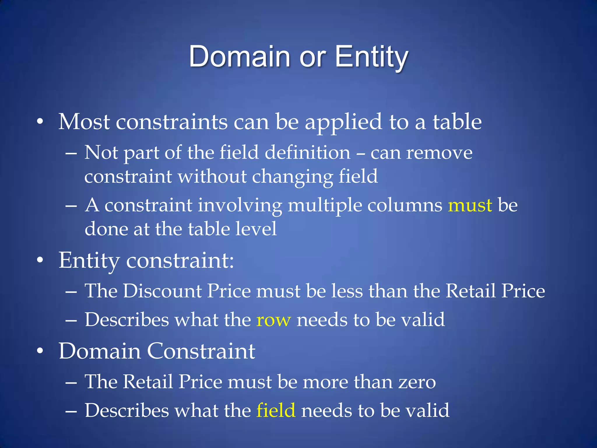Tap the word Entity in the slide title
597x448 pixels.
[371, 57]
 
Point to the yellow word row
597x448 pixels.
[273, 320]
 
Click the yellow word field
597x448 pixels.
[276, 410]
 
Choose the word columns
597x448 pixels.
[405, 205]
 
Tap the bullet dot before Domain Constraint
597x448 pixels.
[40, 351]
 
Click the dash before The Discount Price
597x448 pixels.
[71, 291]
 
